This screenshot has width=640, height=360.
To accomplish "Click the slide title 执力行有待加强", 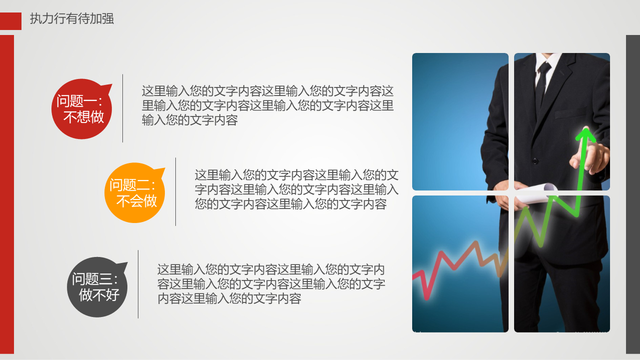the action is tap(72, 19).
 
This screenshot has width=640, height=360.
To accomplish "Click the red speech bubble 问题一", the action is tap(82, 109).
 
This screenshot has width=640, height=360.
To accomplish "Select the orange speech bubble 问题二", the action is tap(134, 192).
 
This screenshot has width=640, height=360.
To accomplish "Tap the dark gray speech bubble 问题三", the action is tap(97, 287).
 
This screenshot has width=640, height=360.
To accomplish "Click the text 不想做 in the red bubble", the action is tap(84, 117).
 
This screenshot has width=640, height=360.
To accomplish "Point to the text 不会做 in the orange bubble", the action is tap(136, 201).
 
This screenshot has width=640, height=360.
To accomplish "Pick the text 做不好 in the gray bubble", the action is tap(99, 295).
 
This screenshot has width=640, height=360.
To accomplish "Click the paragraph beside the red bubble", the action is tap(268, 105).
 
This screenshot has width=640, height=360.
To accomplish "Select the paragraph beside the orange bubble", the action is tap(297, 189).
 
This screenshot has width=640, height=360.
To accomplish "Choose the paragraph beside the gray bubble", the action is tap(271, 284).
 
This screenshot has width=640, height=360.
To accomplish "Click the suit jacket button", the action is tap(535, 161).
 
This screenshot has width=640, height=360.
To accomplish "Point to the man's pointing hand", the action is tap(589, 156).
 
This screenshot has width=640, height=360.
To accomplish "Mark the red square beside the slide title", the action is tap(10, 21).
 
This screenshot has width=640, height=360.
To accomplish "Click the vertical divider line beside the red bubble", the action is tap(122, 108).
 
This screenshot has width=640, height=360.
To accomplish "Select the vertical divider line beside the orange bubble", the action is tap(175, 191).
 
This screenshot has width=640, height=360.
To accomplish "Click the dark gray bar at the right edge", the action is tap(633, 194).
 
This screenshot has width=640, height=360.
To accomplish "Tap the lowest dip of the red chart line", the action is tap(427, 298).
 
